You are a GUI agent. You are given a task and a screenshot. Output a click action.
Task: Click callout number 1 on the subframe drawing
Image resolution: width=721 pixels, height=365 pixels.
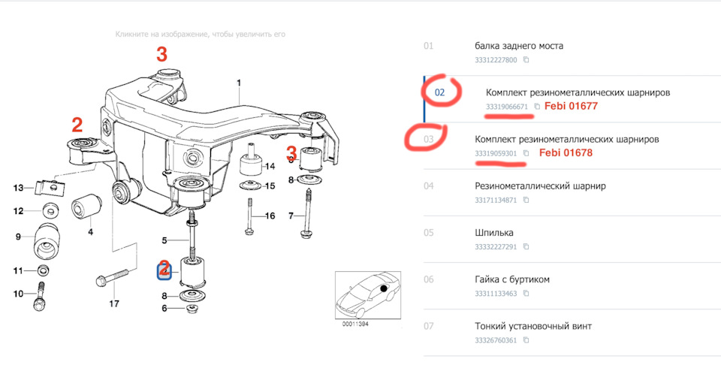click(239, 83)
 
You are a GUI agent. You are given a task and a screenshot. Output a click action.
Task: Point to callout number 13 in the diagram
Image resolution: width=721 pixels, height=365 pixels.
click(20, 187)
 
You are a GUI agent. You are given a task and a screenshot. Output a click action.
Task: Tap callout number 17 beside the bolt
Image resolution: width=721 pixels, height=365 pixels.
click(114, 304)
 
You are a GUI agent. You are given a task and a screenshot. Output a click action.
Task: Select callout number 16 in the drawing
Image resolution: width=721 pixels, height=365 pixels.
click(270, 216)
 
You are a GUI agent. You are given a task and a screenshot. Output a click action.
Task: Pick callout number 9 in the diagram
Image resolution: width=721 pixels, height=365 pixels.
click(18, 237)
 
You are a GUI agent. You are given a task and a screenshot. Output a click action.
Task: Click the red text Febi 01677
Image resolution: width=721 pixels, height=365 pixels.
click(570, 107)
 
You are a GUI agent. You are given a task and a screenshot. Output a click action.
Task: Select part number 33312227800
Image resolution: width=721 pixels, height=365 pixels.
click(496, 60)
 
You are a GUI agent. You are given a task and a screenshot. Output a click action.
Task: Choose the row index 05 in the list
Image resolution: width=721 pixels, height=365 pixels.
click(428, 233)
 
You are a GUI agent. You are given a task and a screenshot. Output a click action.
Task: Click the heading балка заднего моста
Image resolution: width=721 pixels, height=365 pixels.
click(519, 46)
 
